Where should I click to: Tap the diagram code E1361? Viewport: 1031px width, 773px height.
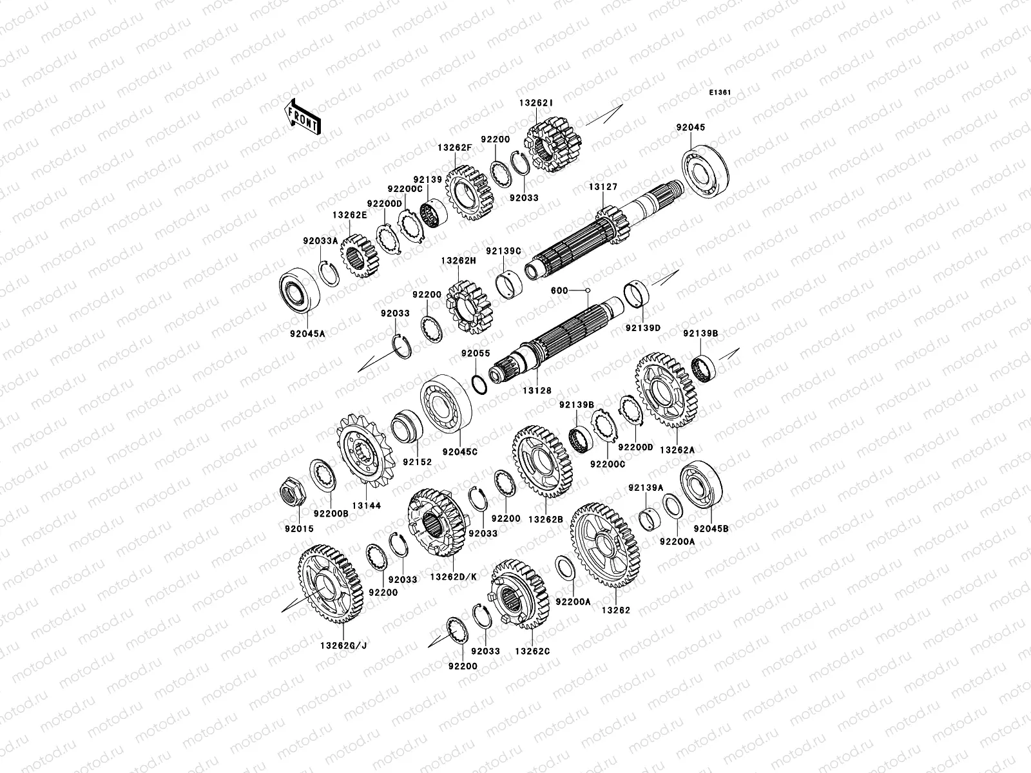720,93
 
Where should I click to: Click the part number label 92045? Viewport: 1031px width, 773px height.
691,127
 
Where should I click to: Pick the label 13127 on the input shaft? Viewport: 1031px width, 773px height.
603,187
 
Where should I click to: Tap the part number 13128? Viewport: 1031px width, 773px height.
537,390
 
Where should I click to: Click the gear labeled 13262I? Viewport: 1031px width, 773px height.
553,144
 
